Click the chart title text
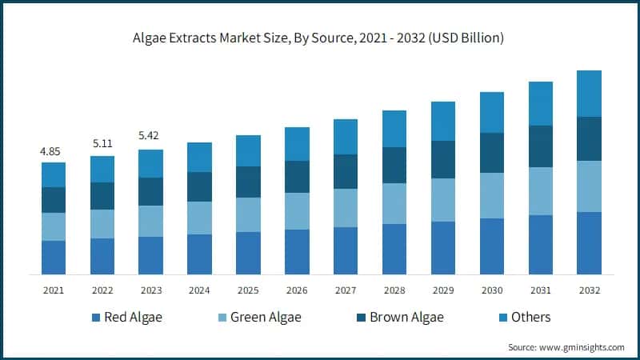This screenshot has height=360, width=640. coord(320,38)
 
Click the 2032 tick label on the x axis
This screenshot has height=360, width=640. coord(589,290)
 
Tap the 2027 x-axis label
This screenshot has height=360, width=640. coord(346,290)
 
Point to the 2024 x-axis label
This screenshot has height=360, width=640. coord(199,290)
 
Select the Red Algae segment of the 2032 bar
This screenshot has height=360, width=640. coord(589,243)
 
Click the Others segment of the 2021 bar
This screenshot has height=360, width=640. coord(54,174)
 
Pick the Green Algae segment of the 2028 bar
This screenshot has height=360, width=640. coord(394,203)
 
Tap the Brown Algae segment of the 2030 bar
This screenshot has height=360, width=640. coord(492,153)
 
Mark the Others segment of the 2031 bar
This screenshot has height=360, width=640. coord(541,103)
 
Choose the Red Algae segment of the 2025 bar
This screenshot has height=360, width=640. coord(248,253)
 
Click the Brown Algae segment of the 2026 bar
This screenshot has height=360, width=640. coord(297,177)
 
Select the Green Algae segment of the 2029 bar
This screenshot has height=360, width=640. coord(443,200)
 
